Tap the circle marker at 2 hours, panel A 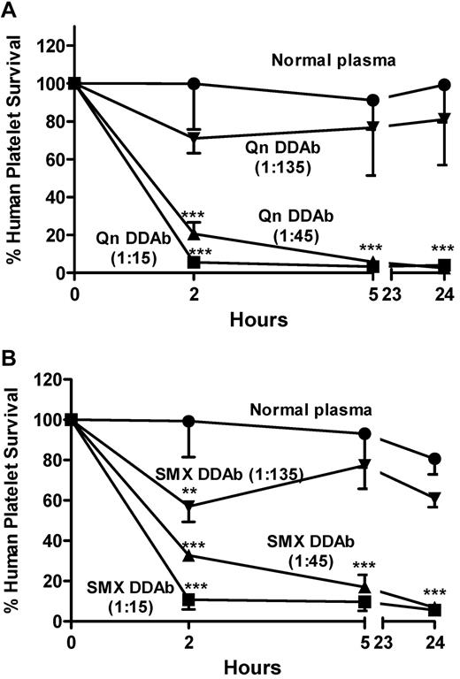pyautogui.click(x=194, y=84)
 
